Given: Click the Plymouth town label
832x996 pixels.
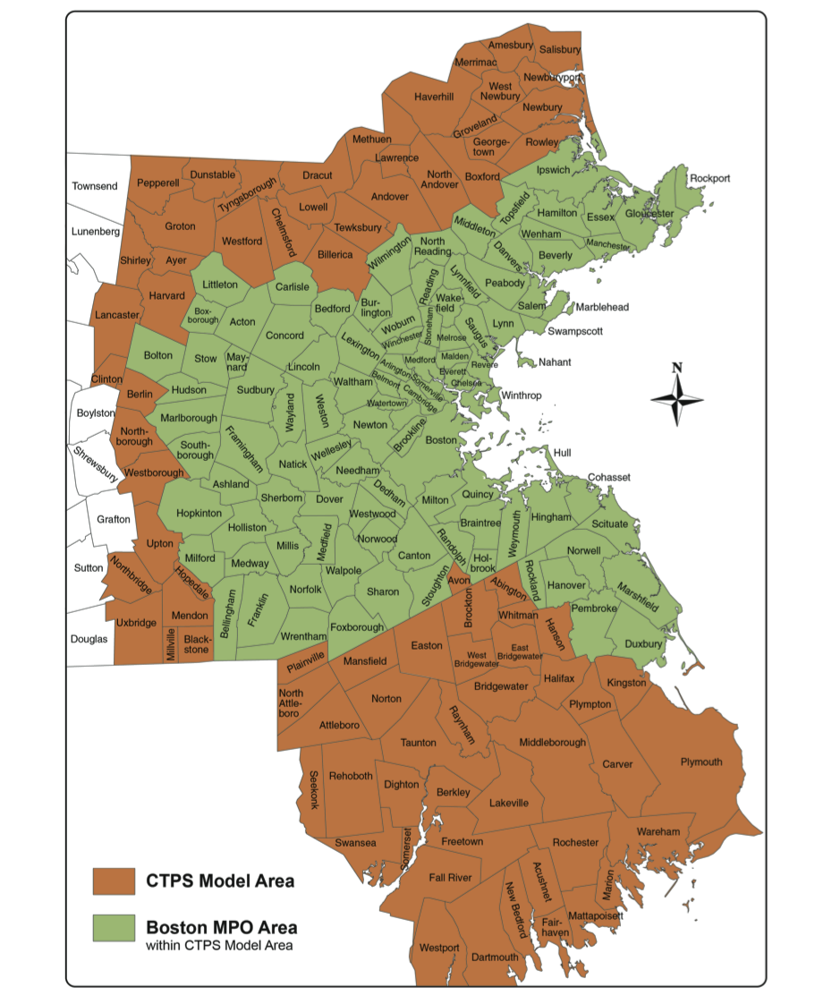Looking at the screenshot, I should (700, 762).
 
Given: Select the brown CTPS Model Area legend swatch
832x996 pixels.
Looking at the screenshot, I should (114, 881).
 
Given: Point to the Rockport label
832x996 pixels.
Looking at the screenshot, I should (709, 179).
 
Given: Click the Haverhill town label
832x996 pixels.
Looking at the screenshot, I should (434, 97).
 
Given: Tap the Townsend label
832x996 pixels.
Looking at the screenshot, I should (95, 186).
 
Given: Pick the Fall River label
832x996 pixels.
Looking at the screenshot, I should (450, 878).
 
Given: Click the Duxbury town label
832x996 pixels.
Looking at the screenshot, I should (644, 643).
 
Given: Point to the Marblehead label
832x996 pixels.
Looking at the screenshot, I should (601, 307).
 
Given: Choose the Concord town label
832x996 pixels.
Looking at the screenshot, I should (284, 336).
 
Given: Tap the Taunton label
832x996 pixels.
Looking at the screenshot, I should (418, 743).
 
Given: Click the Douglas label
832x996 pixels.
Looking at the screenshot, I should (89, 639).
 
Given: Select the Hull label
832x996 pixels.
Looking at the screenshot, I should (562, 453).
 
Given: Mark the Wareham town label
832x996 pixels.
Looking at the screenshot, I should (658, 831).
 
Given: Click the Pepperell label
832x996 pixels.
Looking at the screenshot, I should (158, 183).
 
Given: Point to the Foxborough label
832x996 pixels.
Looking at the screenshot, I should (357, 627).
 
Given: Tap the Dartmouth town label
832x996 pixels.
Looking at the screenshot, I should (495, 957).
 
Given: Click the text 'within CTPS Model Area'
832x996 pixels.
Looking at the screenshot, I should (219, 945).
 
